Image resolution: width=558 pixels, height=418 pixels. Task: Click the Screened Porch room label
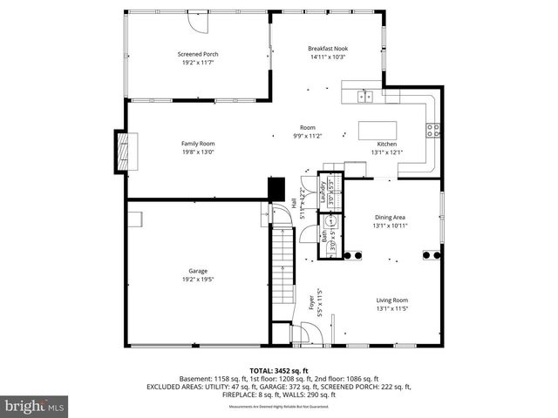pos(198,54)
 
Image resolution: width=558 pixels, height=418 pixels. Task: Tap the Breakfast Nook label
pos(328,48)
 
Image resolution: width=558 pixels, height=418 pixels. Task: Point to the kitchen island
pos(377,131)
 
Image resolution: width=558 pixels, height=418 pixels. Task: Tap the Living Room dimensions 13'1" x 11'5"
pos(391,308)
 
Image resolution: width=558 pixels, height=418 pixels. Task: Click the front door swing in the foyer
pos(305,333)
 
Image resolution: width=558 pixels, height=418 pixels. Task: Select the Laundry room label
pos(323,191)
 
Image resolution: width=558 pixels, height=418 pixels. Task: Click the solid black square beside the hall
pos(276,187)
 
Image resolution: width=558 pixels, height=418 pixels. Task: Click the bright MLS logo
pos(35,406)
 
